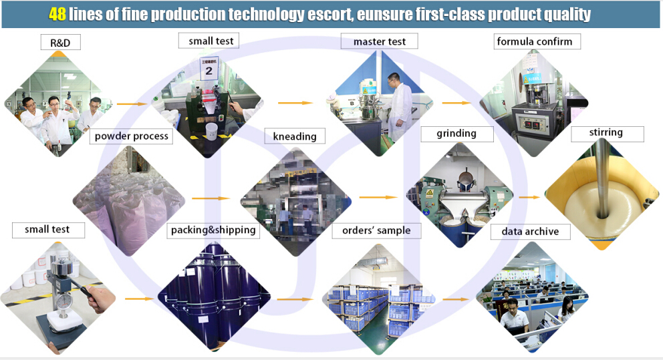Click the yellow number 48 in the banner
click(x=57, y=15)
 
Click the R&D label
click(x=60, y=43)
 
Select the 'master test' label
click(x=379, y=41)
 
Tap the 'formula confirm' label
click(x=535, y=41)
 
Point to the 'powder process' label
click(x=132, y=136)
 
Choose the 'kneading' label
click(x=295, y=136)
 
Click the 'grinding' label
click(x=456, y=134)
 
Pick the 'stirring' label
click(x=606, y=133)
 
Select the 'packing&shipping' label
click(x=213, y=230)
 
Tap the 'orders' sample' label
click(x=376, y=230)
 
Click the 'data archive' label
click(x=530, y=232)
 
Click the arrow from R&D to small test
click(x=132, y=104)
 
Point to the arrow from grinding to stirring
click(x=529, y=197)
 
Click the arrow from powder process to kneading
click(x=211, y=198)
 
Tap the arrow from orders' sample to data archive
click(x=456, y=299)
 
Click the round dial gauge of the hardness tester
click(x=64, y=301)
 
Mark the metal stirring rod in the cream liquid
click(x=602, y=178)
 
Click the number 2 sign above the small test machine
click(x=209, y=68)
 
